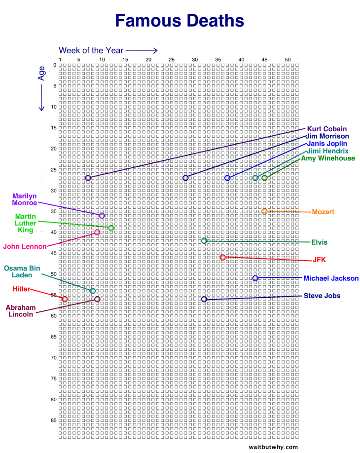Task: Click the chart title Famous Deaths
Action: [180, 21]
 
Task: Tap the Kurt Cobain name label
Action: [326, 129]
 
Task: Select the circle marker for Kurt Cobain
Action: [88, 178]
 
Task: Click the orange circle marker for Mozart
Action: [264, 211]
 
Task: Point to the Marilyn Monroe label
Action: [25, 199]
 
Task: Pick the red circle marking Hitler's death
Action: [65, 299]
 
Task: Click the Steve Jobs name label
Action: [329, 296]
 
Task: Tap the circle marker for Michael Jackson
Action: [255, 278]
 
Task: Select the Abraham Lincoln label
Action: [21, 311]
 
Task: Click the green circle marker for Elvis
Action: [204, 241]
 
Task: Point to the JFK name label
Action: [320, 260]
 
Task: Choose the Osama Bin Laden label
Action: [22, 271]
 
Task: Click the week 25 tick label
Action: [172, 60]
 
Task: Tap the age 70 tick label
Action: [54, 357]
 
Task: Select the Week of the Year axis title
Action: [91, 50]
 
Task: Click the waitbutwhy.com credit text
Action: [273, 447]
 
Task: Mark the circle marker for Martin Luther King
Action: [111, 228]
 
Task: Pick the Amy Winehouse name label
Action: [328, 158]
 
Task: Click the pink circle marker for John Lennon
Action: [97, 232]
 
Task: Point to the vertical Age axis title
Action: [41, 74]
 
